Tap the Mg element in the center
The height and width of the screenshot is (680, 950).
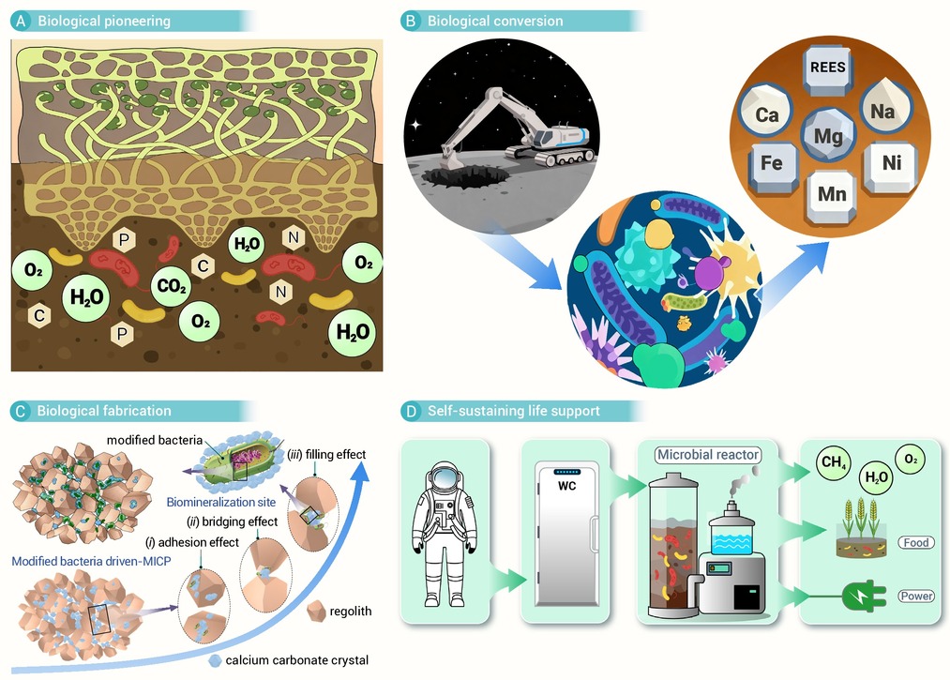[x=827, y=136]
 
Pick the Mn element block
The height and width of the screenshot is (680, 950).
[x=832, y=194]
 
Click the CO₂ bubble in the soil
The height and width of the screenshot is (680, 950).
[x=172, y=286]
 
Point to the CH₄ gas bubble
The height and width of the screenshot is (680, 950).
[x=833, y=463]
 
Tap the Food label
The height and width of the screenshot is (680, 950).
[x=915, y=542]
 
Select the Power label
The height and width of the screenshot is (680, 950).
[x=915, y=596]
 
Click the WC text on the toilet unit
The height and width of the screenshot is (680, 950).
[x=566, y=486]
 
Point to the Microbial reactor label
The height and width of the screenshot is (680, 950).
[x=708, y=455]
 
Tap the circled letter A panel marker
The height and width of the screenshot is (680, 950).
[x=22, y=22]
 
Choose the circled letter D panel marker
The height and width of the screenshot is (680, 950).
[x=411, y=412]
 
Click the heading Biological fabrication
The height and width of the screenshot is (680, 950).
[x=104, y=411]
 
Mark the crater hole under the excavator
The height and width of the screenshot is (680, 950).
[x=465, y=176]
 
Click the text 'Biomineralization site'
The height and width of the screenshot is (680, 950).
[x=221, y=502]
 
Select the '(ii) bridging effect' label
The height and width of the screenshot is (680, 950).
[x=232, y=521]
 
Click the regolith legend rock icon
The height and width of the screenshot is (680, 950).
[x=316, y=611]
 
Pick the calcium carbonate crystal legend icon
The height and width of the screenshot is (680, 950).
[x=215, y=660]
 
